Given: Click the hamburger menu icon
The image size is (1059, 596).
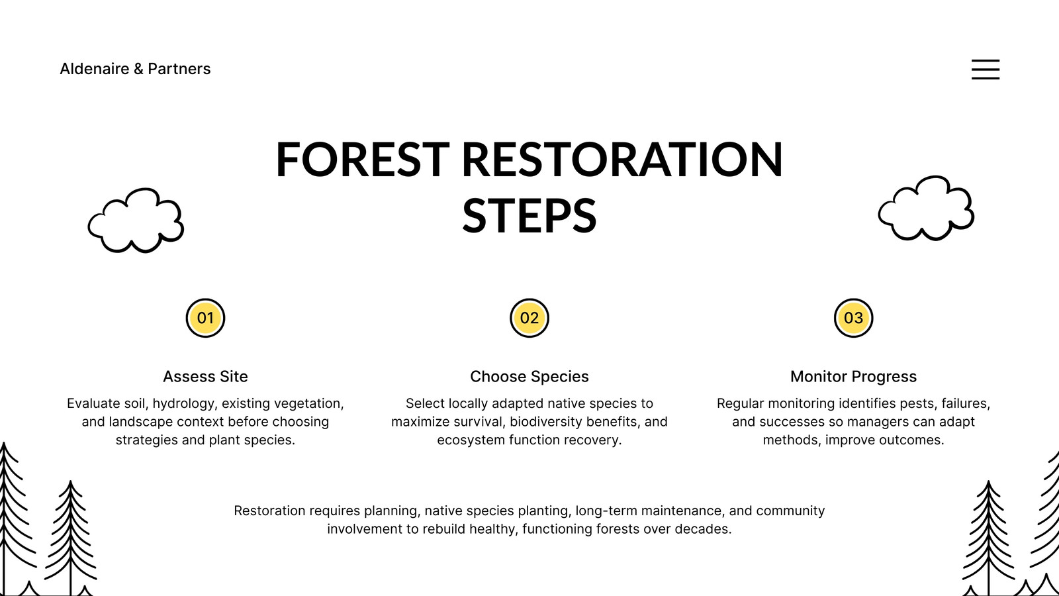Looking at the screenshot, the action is pos(986,69).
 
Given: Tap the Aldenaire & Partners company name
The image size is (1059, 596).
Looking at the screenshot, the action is pos(135,69).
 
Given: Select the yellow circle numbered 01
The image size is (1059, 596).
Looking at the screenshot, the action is pos(205,318).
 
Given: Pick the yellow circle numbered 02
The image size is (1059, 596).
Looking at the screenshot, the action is pos(529,318).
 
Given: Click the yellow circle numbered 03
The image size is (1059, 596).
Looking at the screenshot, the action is pos(853,318).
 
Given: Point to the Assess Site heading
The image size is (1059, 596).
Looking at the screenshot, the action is pos(205,377).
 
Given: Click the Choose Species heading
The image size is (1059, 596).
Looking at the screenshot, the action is pos(529,377).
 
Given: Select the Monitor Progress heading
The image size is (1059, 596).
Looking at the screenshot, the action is pos(853,377).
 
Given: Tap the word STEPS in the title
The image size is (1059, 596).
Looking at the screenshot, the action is pos(529,216).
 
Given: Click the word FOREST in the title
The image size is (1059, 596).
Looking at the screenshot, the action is pos(362,160).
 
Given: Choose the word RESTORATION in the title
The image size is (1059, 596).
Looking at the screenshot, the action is pos(622,160).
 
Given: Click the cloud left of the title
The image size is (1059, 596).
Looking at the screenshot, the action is pos(136,221).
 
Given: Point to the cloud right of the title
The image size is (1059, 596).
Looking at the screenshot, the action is pos(926,208).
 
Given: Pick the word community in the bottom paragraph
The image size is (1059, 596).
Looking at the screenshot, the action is pos(790,511).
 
